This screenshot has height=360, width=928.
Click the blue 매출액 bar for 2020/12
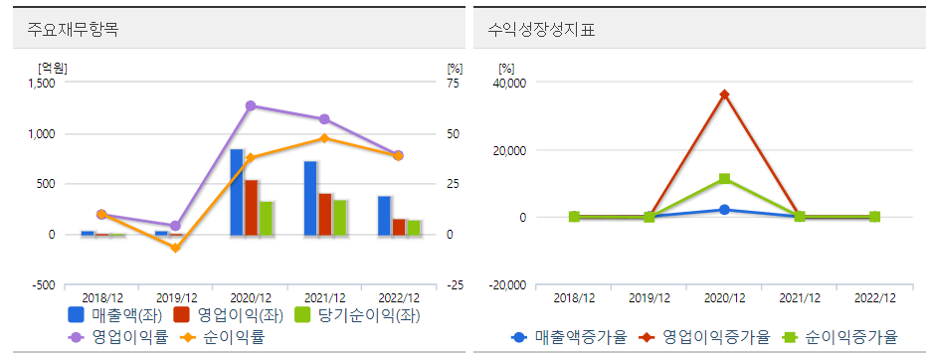(237, 192)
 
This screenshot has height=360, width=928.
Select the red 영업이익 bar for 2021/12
(325, 214)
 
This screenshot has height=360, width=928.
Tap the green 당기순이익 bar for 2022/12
(413, 227)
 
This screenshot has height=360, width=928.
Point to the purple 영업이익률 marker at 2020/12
(251, 105)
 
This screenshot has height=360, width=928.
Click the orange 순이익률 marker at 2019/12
(176, 248)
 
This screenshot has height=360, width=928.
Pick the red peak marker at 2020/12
(724, 94)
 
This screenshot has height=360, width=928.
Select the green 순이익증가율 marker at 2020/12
(724, 179)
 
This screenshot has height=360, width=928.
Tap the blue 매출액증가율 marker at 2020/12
(724, 210)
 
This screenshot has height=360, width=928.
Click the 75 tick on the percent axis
(454, 84)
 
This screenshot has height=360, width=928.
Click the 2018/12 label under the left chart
(101, 298)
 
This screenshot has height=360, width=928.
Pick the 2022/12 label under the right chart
(875, 298)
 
